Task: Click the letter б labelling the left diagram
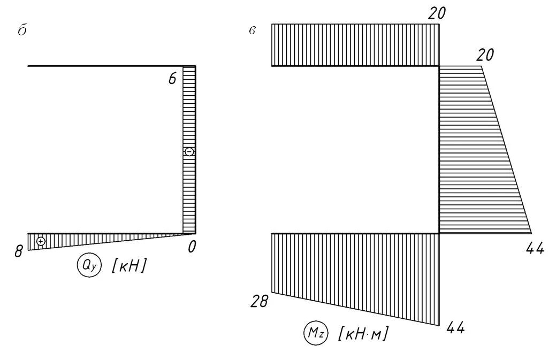point(22,31)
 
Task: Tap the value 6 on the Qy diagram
point(172,79)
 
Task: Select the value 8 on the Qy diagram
point(19,251)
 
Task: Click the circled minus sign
point(189,152)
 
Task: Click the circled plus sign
point(41,241)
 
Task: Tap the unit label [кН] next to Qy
point(128,266)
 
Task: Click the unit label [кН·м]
point(363,334)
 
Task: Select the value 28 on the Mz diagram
point(259,302)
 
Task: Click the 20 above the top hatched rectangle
point(437,14)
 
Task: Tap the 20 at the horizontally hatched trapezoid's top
point(485,55)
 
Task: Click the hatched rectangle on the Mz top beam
point(355,45)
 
